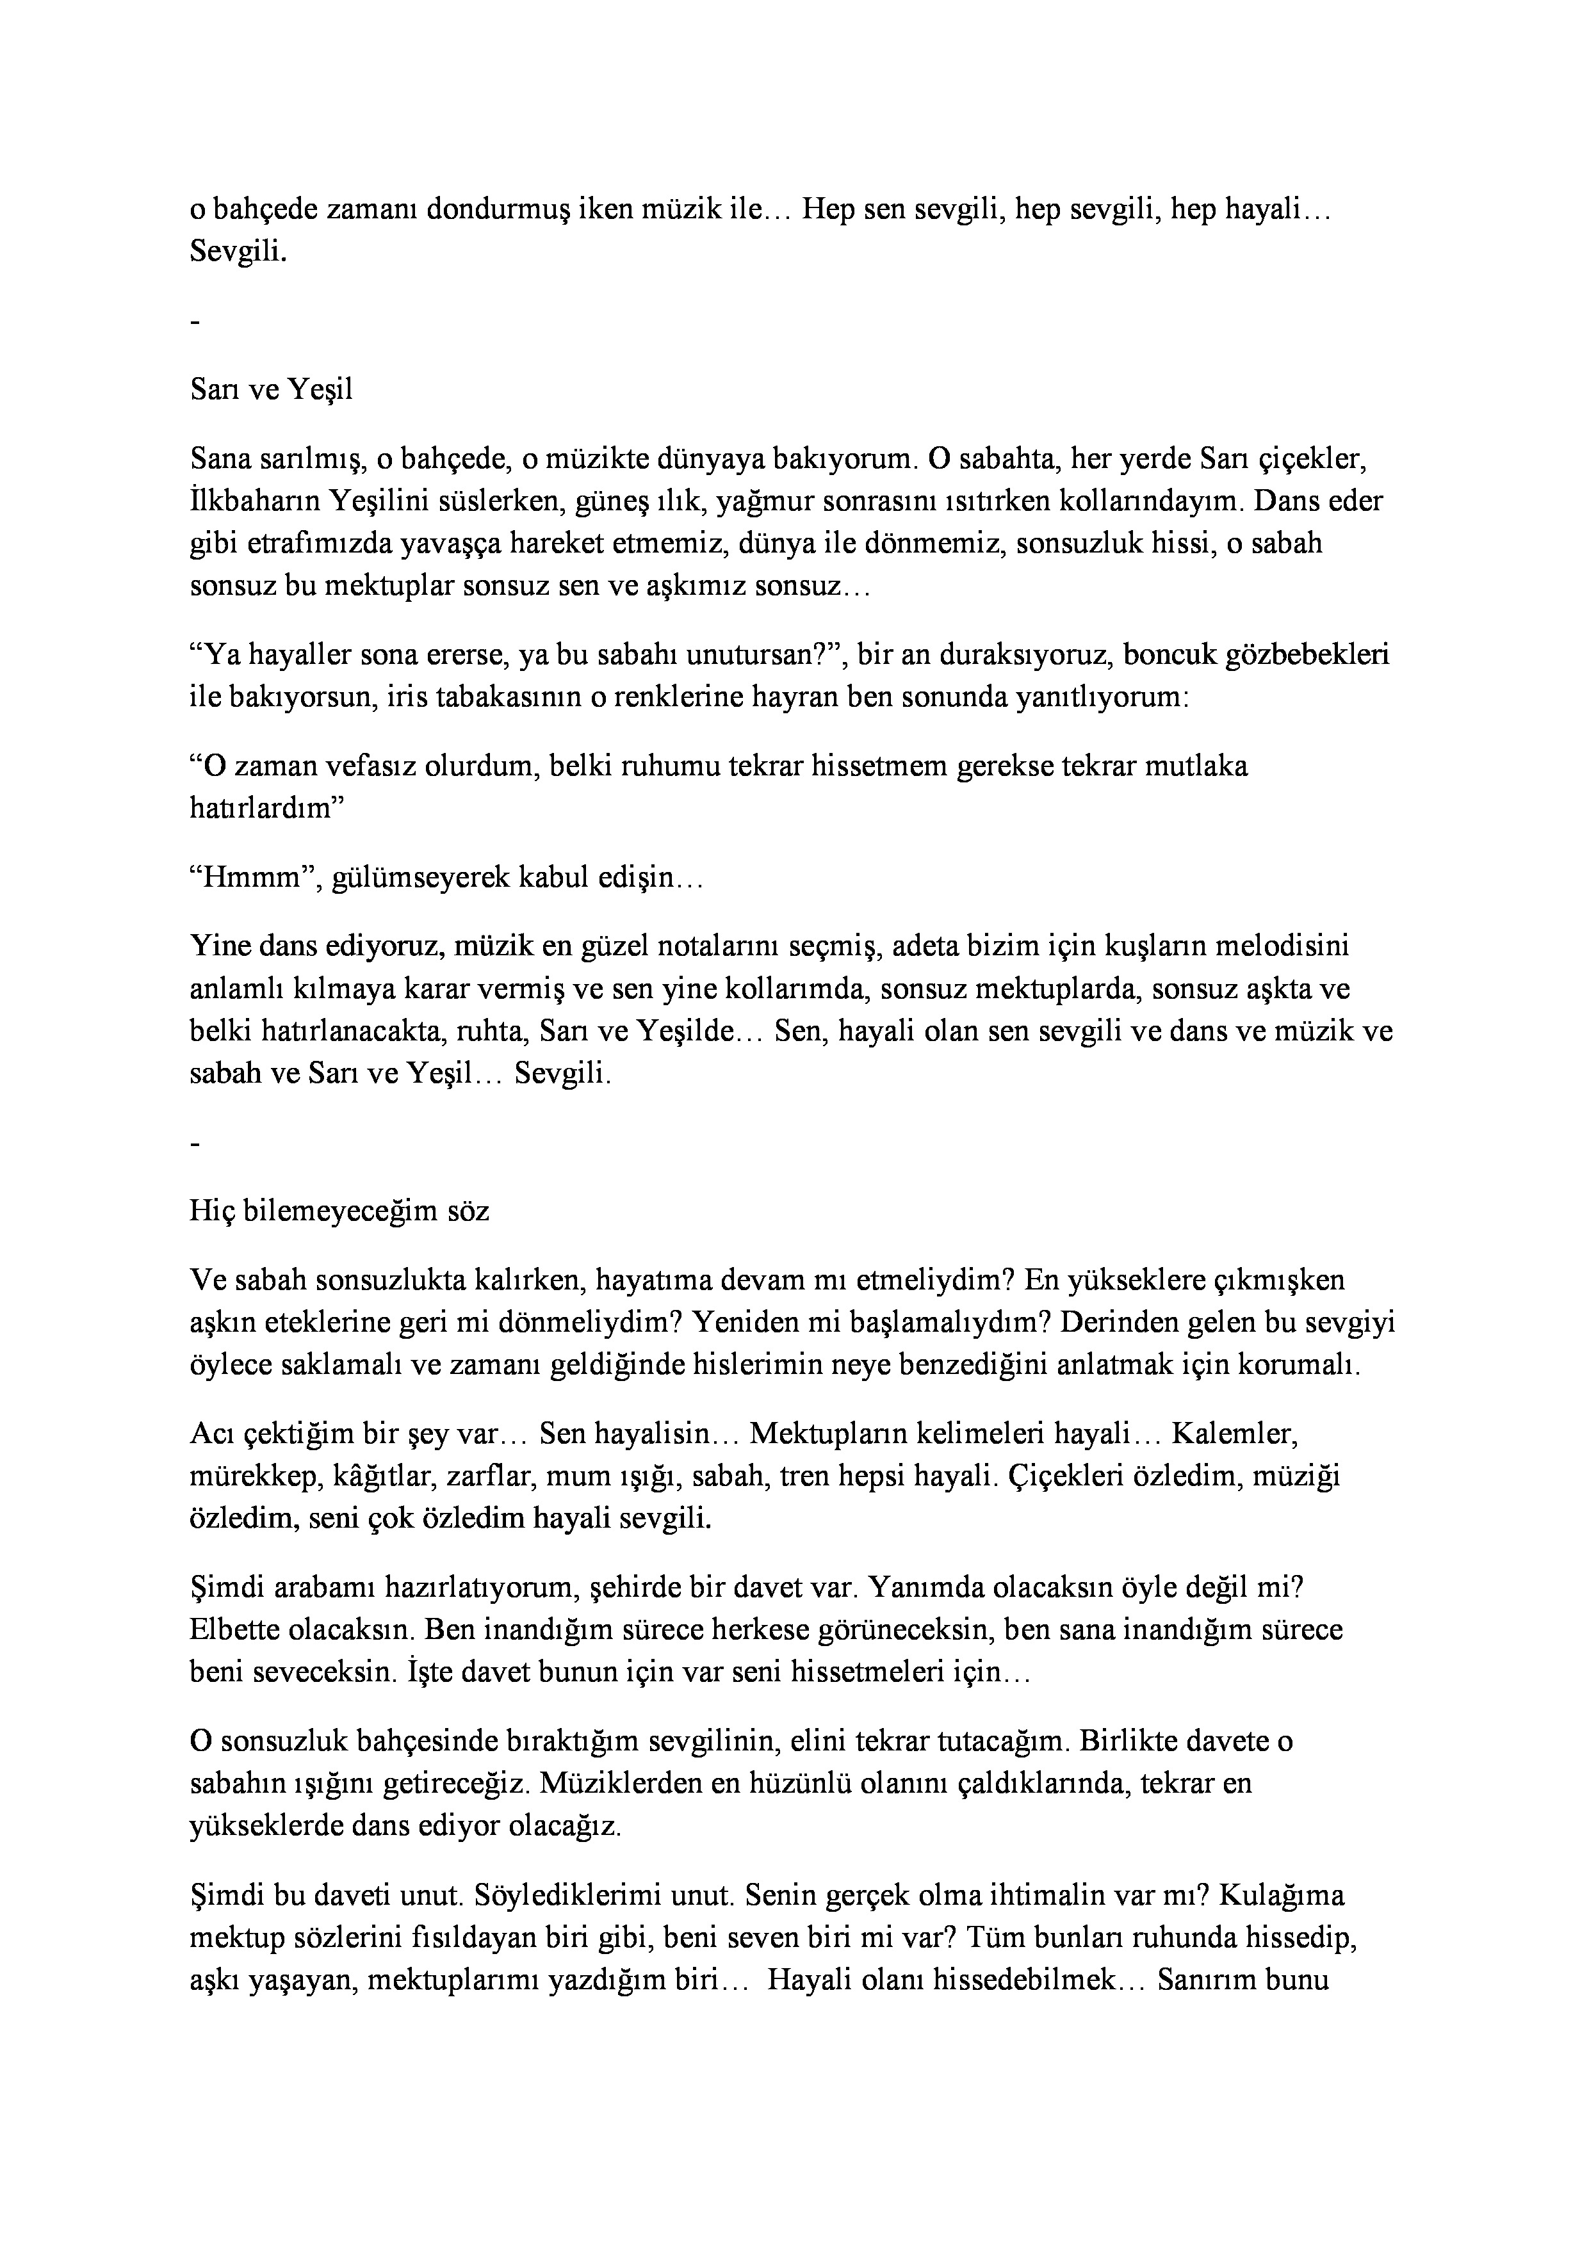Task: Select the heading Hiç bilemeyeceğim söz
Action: click(339, 1211)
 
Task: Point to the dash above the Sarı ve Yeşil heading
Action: click(196, 322)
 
